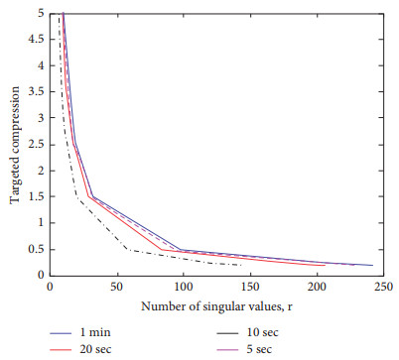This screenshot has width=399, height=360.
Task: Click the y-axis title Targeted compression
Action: tap(16, 145)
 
